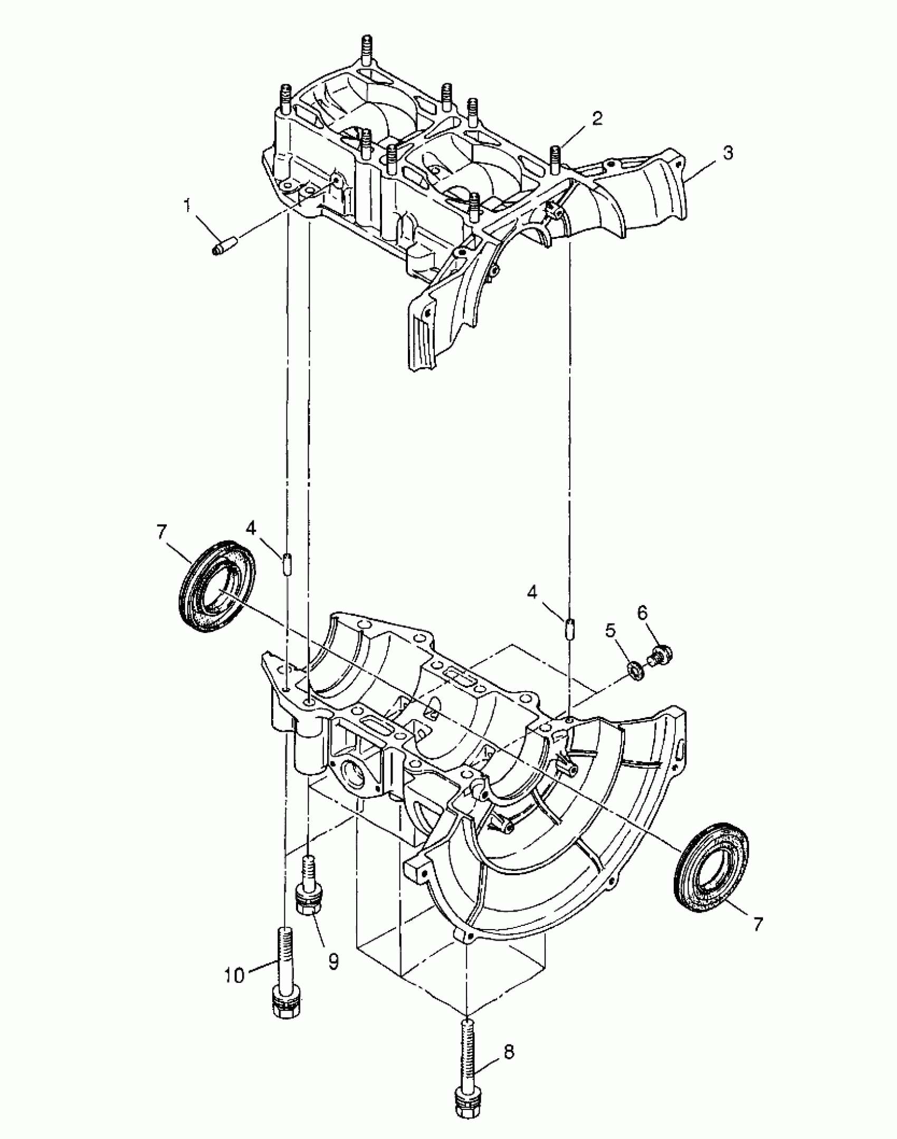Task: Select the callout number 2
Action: click(x=597, y=118)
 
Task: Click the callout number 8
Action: click(x=509, y=1051)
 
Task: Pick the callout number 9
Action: click(x=333, y=962)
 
